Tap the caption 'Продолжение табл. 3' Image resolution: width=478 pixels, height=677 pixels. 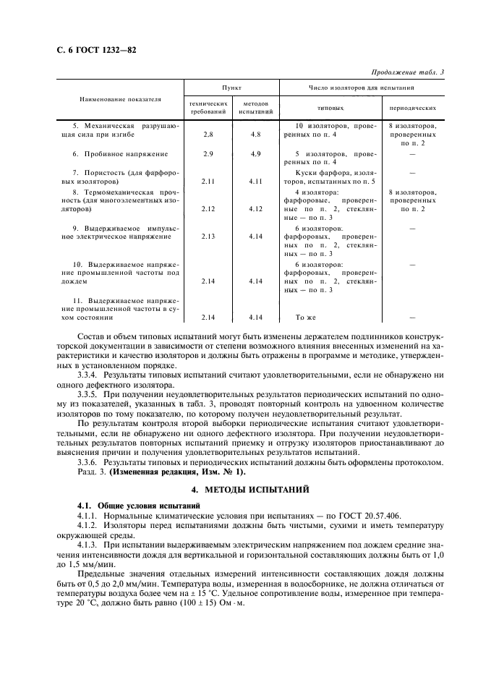click(x=406, y=72)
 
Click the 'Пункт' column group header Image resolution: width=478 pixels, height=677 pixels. click(x=231, y=86)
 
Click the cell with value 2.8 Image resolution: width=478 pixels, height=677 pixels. click(x=208, y=135)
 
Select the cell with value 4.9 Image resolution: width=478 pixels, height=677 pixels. click(x=255, y=154)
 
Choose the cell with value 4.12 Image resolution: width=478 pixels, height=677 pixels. click(x=255, y=209)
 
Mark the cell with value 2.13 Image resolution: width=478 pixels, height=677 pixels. click(x=208, y=237)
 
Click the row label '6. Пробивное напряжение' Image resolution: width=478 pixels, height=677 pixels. click(x=120, y=154)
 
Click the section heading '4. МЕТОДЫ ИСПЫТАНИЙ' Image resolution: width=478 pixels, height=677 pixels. click(x=239, y=489)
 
